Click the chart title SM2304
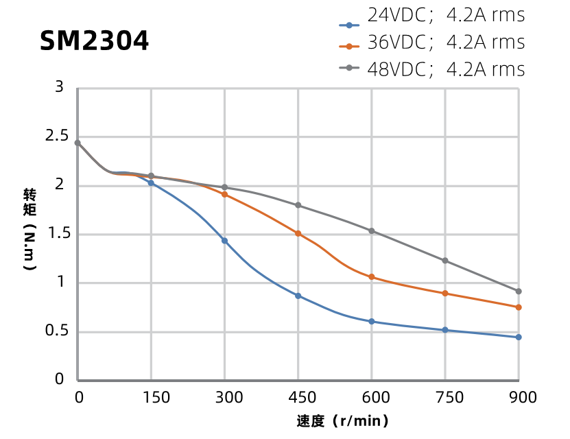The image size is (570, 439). [94, 42]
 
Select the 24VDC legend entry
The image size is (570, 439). [432, 16]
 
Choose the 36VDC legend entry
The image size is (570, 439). [432, 43]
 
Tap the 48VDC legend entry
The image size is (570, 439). [432, 69]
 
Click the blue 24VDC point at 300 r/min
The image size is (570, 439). [224, 241]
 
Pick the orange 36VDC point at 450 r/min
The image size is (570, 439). [298, 233]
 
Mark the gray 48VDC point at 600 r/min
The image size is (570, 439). [372, 231]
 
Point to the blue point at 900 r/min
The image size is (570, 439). [519, 337]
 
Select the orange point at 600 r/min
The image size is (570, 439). [372, 277]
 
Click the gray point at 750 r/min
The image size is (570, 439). [445, 261]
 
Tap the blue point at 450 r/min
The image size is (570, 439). [298, 296]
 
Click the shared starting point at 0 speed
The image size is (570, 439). [78, 143]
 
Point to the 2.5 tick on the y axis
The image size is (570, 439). [59, 137]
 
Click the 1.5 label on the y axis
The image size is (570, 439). [59, 234]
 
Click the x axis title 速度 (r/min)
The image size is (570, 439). [343, 421]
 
